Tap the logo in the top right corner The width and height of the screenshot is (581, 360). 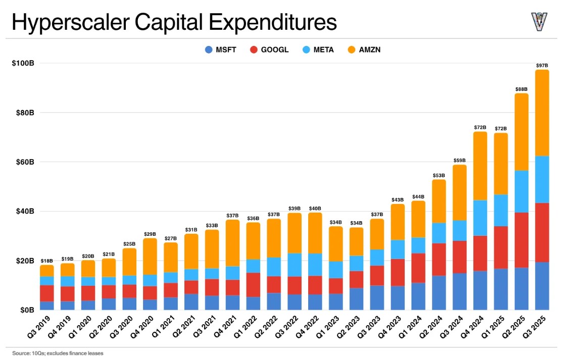tap(539, 21)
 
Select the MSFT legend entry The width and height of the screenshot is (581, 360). tap(223, 49)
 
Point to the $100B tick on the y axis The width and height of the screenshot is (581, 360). tap(23, 63)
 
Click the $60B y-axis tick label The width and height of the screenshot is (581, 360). tap(23, 162)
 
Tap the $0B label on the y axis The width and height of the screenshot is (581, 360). tap(25, 310)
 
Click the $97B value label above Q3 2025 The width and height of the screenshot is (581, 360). tap(542, 66)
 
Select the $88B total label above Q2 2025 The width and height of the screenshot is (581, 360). tap(521, 89)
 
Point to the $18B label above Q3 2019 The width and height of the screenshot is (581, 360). tap(47, 261)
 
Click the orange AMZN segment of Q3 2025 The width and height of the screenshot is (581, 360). tap(542, 113)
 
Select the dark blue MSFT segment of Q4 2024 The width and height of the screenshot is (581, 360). tap(480, 290)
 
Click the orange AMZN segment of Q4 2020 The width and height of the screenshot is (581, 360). tap(150, 256)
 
